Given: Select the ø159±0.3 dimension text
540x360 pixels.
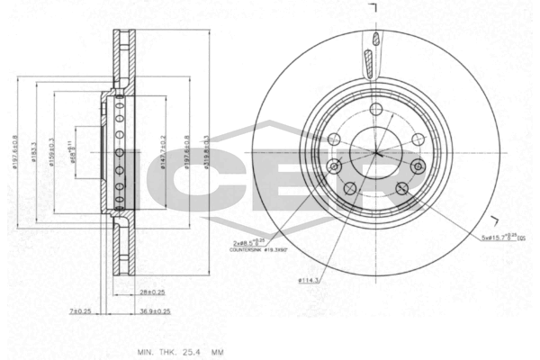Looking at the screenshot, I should (53, 154).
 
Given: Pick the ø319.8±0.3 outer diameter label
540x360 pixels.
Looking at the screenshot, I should (206, 153).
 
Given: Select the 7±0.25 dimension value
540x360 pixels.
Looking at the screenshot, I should (81, 311).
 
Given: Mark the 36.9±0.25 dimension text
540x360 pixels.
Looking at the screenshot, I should (156, 311).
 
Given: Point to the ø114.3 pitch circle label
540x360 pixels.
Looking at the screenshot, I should (310, 280).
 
